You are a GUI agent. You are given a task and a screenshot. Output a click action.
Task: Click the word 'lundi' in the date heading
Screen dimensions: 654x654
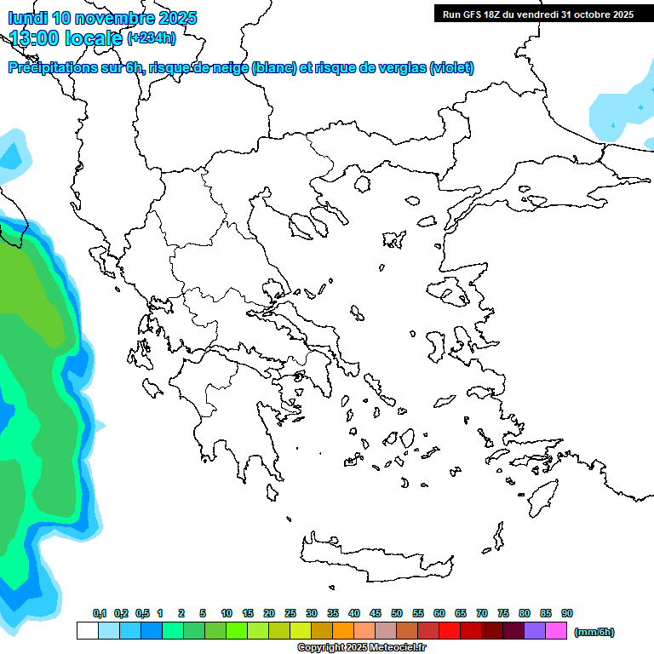point(32,18)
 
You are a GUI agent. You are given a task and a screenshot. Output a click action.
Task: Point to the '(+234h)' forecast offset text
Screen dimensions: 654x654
point(152,37)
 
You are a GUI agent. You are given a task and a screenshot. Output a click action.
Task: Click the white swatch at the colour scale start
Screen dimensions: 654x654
point(87,631)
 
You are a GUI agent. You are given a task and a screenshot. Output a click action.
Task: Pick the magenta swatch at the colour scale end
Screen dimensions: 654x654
point(557,631)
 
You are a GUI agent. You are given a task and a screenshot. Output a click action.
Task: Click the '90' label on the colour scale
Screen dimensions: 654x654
point(567,613)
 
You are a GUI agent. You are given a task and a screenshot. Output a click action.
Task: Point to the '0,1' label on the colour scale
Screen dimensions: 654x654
point(100,613)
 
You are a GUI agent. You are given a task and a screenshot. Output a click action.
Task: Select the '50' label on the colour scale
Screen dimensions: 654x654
point(397,613)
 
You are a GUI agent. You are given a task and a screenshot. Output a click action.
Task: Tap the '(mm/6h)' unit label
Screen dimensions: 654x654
point(594,632)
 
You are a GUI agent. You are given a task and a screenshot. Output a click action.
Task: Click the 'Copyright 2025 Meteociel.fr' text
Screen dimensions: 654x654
point(361,648)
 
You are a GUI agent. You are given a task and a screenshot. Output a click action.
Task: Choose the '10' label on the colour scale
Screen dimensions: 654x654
point(227,613)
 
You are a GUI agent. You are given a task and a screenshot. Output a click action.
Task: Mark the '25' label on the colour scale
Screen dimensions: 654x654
point(290,613)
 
